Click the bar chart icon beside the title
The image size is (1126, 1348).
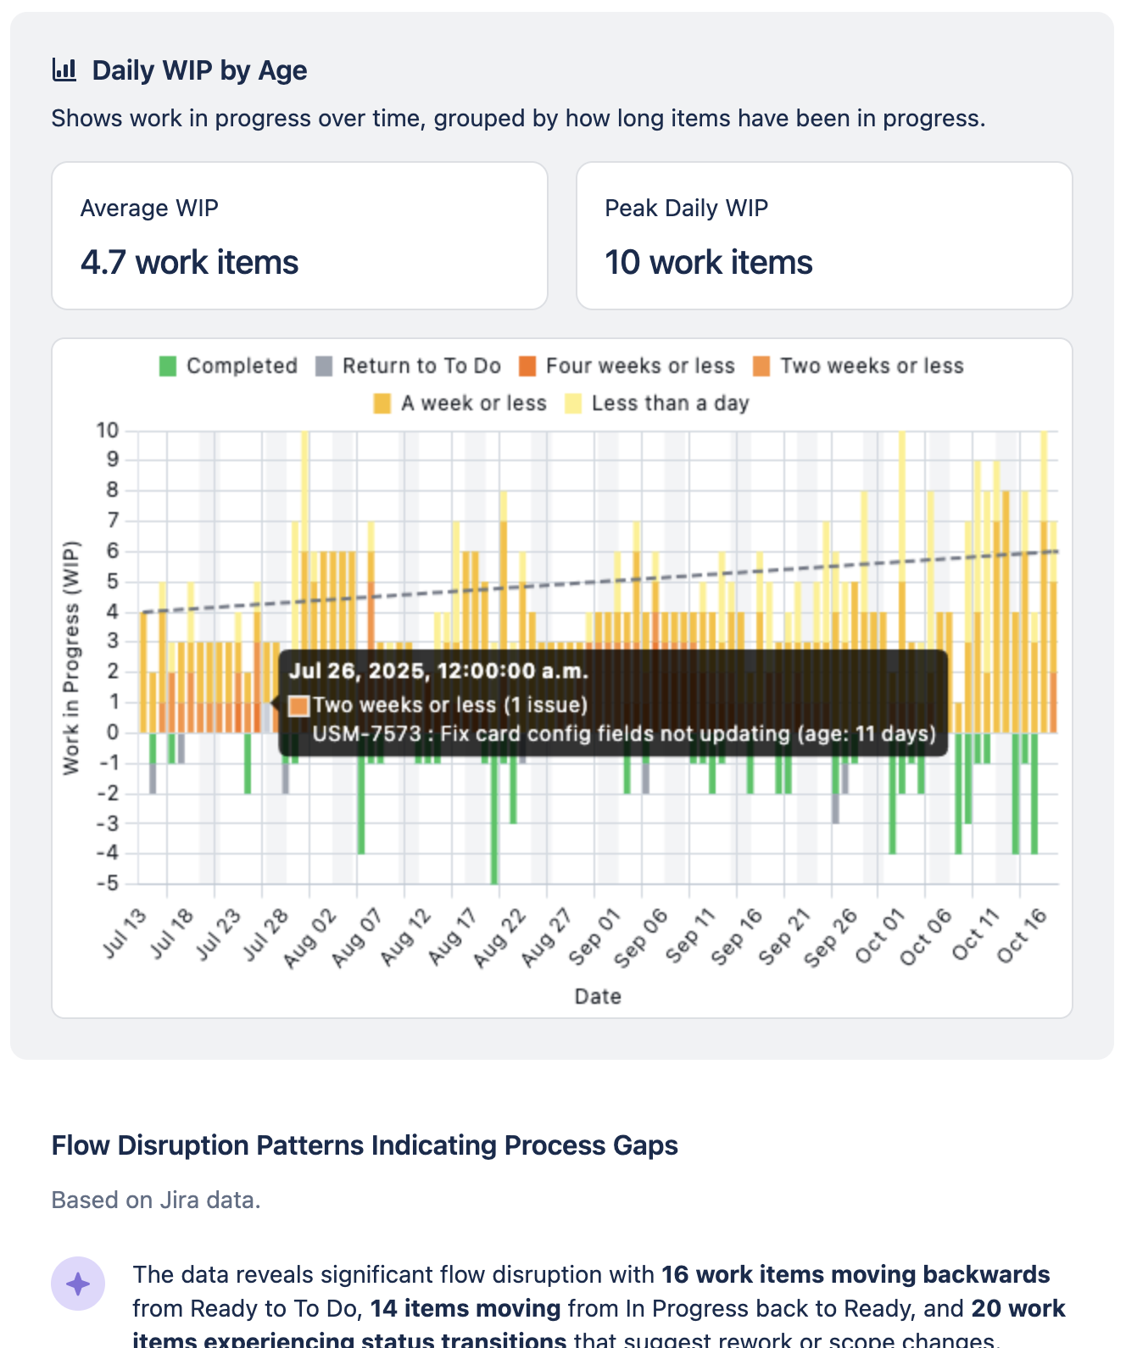(x=64, y=70)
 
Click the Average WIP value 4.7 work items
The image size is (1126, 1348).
(x=189, y=263)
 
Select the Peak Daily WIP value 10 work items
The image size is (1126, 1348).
(x=708, y=263)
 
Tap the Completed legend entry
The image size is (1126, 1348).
(x=228, y=366)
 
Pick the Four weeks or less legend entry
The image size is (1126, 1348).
(x=627, y=366)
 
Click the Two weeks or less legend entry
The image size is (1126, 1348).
(x=859, y=366)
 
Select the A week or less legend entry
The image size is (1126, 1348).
(x=460, y=404)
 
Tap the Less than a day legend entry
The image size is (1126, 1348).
(x=657, y=404)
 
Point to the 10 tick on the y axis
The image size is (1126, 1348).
(x=108, y=430)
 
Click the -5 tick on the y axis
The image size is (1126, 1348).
(x=108, y=883)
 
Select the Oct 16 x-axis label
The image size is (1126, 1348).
(x=1023, y=936)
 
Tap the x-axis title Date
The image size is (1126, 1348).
(x=598, y=996)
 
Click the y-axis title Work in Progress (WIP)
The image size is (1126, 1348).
(x=71, y=657)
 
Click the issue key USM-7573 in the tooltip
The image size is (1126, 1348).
(x=365, y=733)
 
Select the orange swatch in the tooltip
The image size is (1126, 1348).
(x=298, y=705)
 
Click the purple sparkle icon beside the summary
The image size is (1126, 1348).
(x=78, y=1284)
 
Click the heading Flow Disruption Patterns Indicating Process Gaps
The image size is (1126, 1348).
(x=365, y=1145)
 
